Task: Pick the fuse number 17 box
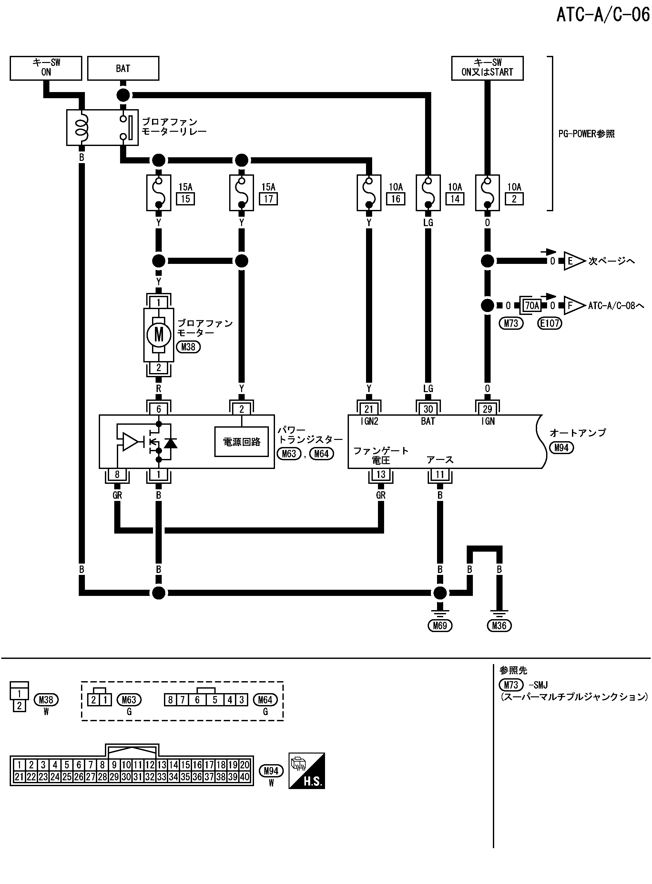(268, 199)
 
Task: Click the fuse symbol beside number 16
(369, 193)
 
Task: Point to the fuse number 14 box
(455, 199)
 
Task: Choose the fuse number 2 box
(514, 199)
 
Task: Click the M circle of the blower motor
(159, 335)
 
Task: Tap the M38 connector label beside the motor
(188, 347)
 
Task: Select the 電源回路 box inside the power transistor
(241, 442)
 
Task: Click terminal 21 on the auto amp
(369, 409)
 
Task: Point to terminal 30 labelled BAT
(428, 409)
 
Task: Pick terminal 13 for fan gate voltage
(381, 474)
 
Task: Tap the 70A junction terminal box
(532, 306)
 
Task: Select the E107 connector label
(549, 323)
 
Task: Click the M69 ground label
(440, 625)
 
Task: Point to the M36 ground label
(499, 625)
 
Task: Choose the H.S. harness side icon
(307, 771)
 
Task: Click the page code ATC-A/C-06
(603, 15)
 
